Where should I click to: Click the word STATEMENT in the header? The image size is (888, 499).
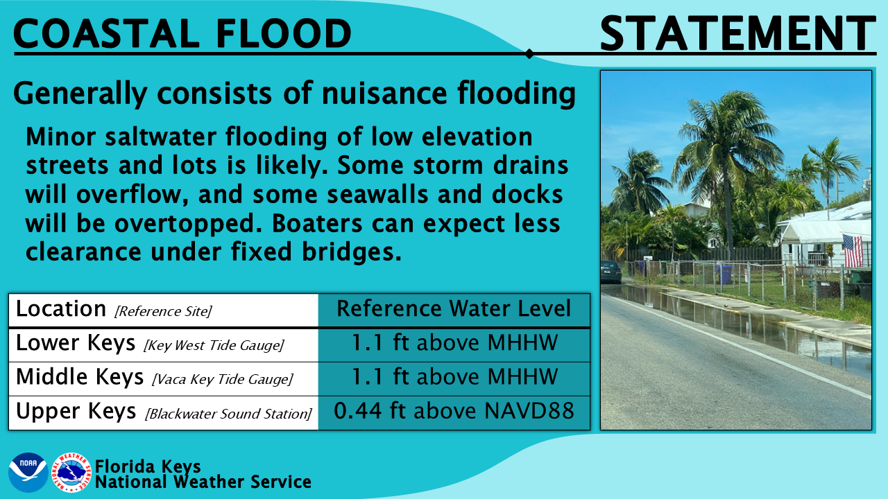tap(737, 33)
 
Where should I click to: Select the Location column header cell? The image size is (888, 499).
tap(163, 309)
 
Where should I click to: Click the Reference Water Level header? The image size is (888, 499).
tap(454, 309)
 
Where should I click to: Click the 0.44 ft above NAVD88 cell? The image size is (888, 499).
tap(454, 412)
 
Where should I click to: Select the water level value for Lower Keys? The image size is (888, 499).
tap(454, 344)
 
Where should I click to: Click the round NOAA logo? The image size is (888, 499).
tap(28, 473)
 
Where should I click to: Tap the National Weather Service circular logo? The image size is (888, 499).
tap(73, 473)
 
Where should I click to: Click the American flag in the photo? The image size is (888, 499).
tap(853, 250)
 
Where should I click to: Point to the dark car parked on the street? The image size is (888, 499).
tap(610, 271)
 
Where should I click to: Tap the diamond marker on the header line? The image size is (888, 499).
tap(529, 53)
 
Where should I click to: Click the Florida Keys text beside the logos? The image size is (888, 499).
tap(148, 466)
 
